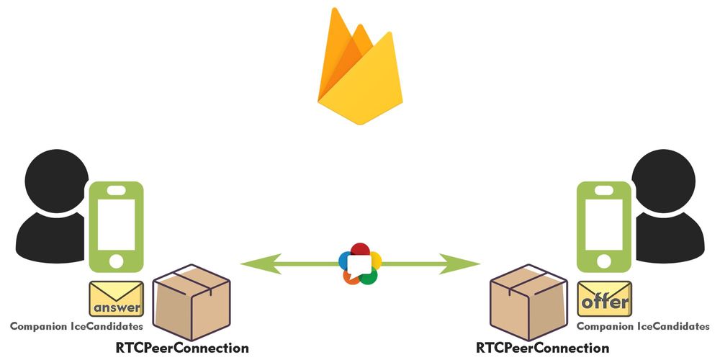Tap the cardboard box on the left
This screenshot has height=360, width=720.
coord(192,302)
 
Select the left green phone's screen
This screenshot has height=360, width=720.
coord(116,220)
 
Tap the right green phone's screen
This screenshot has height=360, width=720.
coord(604,220)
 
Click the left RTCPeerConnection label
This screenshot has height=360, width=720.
coord(182,348)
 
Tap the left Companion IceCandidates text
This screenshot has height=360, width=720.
coord(76,326)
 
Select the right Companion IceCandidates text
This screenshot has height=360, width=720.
coord(644,326)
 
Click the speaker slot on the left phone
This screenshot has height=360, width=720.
coord(116,191)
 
